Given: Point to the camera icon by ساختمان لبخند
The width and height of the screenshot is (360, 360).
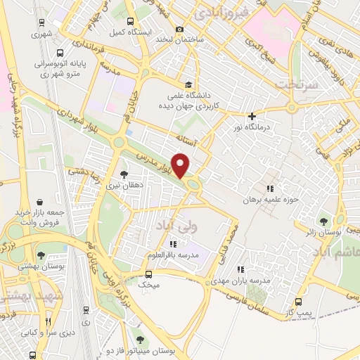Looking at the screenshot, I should [x=180, y=30].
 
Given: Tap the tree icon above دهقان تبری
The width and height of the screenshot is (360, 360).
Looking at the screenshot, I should [x=124, y=174].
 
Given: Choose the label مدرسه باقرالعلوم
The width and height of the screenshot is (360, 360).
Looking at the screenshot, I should [x=173, y=255].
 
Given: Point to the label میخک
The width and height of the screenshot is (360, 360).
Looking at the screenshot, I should [x=149, y=286].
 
